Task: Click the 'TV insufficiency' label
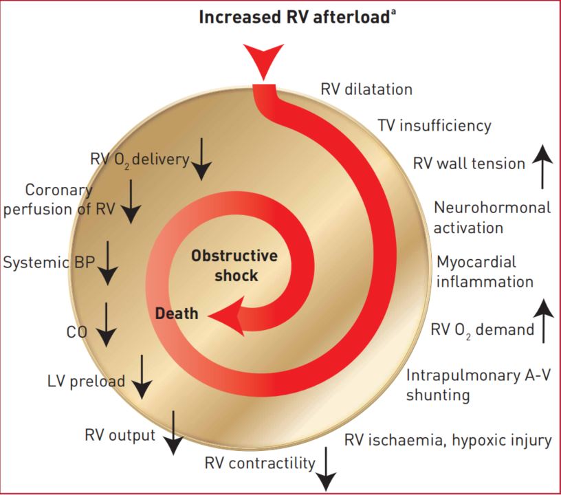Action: pos(434,126)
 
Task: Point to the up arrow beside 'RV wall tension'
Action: pos(542,166)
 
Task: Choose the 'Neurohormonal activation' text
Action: pos(492,217)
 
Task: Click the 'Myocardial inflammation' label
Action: pos(485,272)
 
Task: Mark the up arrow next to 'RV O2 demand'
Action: pos(543,321)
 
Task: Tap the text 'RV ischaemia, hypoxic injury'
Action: pos(448,440)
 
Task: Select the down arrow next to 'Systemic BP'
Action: pos(108,263)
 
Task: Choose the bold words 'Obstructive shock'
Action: pos(234,265)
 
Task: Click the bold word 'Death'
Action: pos(177,313)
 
